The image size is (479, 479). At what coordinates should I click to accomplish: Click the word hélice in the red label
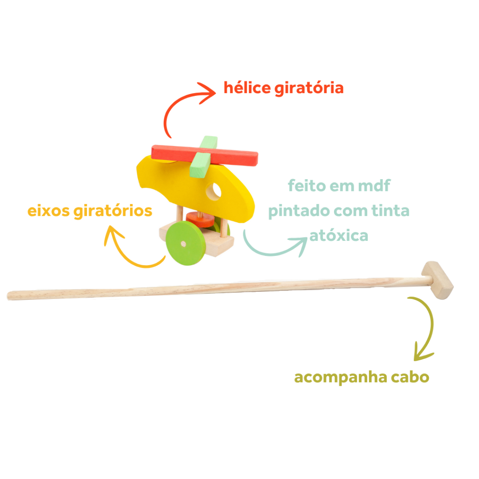click(x=247, y=87)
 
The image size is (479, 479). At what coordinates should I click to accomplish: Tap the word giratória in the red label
click(x=309, y=88)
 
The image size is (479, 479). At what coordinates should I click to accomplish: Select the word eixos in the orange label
click(x=49, y=211)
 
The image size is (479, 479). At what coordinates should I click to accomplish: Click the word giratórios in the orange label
click(x=113, y=211)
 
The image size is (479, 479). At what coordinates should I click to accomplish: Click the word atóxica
click(x=339, y=236)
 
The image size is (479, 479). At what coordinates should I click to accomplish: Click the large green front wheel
click(x=185, y=243)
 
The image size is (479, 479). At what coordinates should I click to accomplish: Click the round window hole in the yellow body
click(x=213, y=191)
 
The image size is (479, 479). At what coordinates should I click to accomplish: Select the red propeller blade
click(x=205, y=155)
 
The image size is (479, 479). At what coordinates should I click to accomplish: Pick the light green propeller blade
click(x=203, y=157)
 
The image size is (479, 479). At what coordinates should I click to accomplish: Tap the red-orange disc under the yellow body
click(x=200, y=219)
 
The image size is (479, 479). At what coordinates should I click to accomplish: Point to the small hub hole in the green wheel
click(x=183, y=244)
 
